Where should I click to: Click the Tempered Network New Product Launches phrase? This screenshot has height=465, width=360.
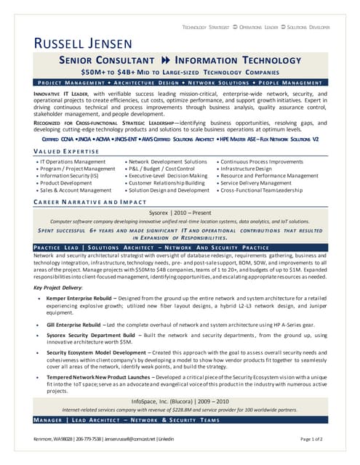click(x=98, y=378)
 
